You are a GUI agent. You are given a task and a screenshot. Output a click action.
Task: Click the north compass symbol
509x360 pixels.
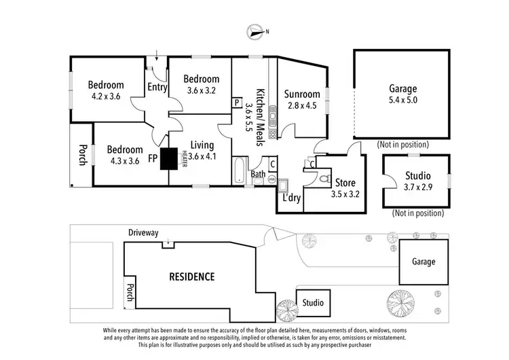point(256,31)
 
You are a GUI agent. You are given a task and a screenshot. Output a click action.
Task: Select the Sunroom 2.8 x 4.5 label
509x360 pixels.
point(302,99)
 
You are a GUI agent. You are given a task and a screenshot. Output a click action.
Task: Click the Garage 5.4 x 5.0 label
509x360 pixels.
point(402,94)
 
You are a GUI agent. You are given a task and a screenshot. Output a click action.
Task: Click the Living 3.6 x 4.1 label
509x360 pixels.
point(202,150)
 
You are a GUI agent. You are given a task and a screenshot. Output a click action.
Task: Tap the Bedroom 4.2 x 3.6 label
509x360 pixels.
point(106,90)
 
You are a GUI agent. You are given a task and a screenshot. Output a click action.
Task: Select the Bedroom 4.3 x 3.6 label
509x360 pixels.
point(124,155)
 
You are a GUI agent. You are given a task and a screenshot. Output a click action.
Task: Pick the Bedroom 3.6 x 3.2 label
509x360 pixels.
point(202,84)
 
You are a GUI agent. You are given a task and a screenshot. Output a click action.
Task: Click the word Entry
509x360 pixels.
point(157,86)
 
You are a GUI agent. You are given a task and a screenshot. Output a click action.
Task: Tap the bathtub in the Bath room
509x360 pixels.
point(239,170)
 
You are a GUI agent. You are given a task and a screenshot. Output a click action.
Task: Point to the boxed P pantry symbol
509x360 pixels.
point(237,103)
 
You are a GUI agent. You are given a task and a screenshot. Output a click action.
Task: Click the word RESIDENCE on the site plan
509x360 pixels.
point(191,276)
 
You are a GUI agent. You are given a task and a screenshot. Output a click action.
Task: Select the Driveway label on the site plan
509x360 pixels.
point(143,233)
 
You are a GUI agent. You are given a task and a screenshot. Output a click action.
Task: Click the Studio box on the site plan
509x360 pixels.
point(313,302)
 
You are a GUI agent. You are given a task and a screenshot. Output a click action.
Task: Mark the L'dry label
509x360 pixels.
point(292,198)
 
